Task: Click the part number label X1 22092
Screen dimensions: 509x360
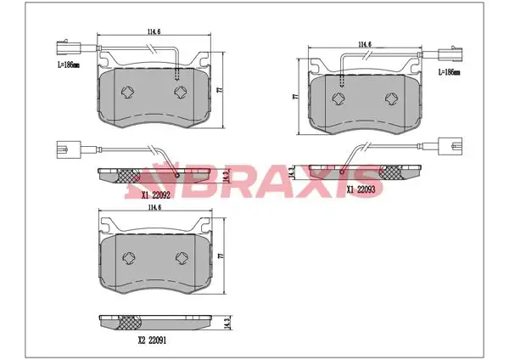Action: pos(156,195)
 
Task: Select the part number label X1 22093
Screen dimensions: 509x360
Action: pos(361,189)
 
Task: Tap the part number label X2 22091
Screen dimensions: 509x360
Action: pos(152,340)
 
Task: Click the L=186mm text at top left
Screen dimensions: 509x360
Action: pos(69,65)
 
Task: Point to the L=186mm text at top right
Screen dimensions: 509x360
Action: pos(450,72)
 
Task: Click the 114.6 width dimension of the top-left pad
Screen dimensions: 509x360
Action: pos(154,31)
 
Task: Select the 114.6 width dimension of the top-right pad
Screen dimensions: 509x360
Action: pos(365,44)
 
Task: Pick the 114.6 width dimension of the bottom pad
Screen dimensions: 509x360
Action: pos(155,207)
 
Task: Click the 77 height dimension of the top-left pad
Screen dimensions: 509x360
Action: pos(220,90)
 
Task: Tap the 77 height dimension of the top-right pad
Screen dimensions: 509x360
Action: pos(295,97)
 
